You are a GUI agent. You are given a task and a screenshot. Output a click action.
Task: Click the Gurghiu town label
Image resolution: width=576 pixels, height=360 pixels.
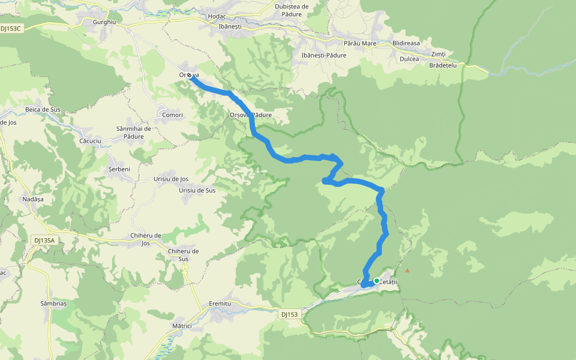(x=104, y=22)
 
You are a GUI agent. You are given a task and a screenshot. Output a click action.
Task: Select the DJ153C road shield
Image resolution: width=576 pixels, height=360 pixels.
(x=11, y=28)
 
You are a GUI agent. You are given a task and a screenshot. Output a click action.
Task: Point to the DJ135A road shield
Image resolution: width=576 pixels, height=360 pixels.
(x=44, y=241)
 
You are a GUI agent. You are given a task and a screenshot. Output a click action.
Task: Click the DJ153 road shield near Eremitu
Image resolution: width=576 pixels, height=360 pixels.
(x=289, y=314)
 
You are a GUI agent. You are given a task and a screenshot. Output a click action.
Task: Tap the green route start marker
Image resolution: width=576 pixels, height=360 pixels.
(x=377, y=280)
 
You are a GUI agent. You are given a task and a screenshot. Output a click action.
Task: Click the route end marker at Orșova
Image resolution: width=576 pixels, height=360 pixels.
(x=190, y=75)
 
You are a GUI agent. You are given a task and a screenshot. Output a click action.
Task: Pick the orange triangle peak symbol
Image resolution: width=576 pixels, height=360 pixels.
(x=407, y=271)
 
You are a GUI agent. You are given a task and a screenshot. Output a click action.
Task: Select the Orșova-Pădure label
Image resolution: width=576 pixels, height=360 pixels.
(x=251, y=115)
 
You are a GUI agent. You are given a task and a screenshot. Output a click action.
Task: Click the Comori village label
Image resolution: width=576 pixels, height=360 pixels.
(x=172, y=115)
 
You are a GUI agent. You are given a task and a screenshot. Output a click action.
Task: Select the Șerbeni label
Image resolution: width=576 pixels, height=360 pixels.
(x=120, y=169)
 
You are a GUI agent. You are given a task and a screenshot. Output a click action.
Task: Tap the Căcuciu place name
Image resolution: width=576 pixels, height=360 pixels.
(x=92, y=141)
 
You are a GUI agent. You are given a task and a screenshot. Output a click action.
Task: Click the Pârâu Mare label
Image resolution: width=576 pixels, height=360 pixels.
(x=360, y=44)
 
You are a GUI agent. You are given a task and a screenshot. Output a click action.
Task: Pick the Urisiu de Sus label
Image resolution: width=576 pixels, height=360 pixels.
(x=197, y=190)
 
